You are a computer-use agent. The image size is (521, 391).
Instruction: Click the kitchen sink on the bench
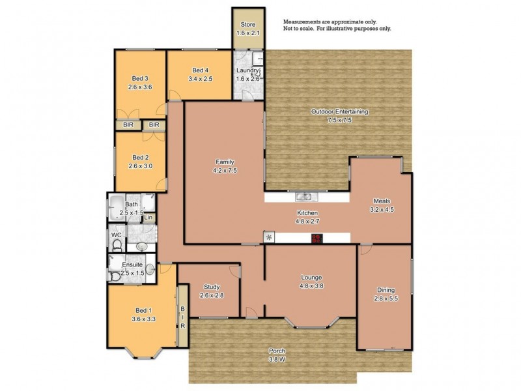click(303, 196)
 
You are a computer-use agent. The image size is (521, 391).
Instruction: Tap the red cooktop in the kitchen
click(317, 239)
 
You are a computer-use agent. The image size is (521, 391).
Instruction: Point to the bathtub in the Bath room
click(118, 209)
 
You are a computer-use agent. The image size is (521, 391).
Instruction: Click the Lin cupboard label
click(148, 218)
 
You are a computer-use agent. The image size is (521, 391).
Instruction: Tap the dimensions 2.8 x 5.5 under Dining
click(386, 298)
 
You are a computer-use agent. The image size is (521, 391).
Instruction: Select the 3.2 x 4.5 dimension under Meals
click(382, 209)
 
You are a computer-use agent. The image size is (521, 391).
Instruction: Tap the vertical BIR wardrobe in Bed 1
click(182, 317)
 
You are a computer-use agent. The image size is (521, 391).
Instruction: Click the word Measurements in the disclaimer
click(303, 22)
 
